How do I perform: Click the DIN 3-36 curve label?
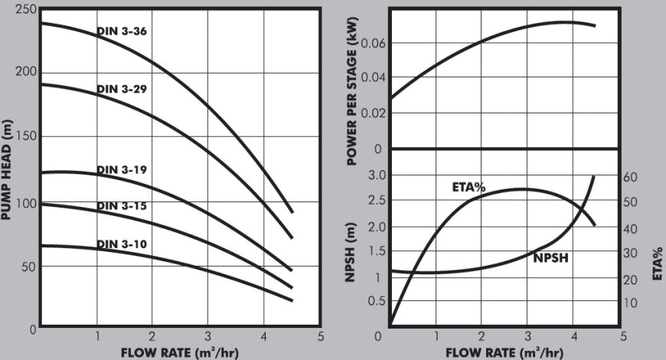[122, 31]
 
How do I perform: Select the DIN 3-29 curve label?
[122, 89]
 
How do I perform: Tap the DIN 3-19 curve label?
[122, 169]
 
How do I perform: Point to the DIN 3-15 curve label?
[122, 206]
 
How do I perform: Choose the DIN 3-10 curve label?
[122, 244]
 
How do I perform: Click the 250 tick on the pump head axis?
[26, 9]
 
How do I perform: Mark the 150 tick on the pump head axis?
[26, 136]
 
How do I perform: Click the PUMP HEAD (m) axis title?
[6, 170]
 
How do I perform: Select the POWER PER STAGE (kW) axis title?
[352, 91]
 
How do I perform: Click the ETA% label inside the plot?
[468, 187]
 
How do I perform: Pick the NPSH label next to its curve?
[550, 258]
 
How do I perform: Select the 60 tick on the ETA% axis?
[630, 177]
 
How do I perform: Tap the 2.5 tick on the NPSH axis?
[377, 200]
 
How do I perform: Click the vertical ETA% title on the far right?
[658, 263]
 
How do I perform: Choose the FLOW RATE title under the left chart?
[180, 353]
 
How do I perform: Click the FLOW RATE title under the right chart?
[504, 353]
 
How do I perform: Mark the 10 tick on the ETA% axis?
[630, 303]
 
